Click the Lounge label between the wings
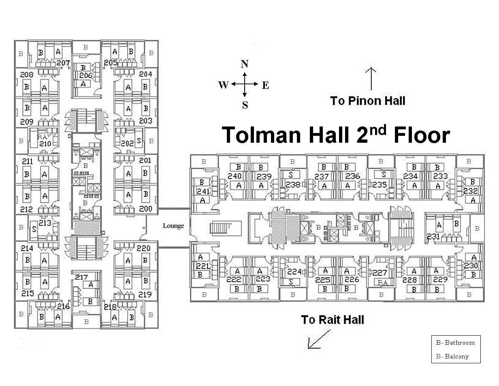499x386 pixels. [173, 226]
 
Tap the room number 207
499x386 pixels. [63, 63]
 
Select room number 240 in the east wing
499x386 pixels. [235, 176]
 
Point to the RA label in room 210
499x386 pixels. [42, 137]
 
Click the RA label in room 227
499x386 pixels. [382, 282]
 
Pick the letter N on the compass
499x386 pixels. [244, 64]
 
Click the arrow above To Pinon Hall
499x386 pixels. [371, 79]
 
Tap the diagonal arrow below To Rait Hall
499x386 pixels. [319, 339]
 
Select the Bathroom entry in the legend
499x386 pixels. [456, 343]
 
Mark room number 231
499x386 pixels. [433, 236]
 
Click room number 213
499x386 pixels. [45, 223]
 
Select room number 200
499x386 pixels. [145, 209]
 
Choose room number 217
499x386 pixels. [81, 277]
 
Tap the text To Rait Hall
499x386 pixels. [333, 320]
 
